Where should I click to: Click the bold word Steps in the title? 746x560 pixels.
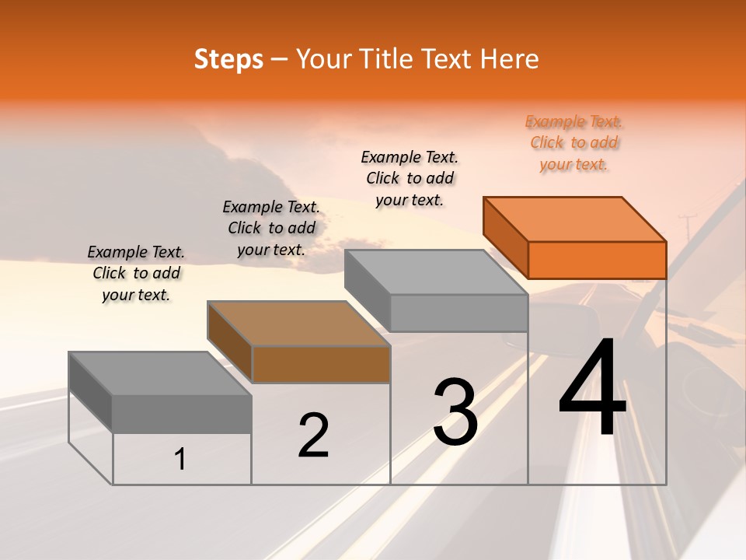click(228, 59)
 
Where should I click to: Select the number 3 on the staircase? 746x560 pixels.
click(455, 411)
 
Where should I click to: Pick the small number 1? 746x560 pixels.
click(180, 459)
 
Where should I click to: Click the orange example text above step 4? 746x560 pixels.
click(574, 142)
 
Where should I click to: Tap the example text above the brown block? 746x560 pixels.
click(271, 228)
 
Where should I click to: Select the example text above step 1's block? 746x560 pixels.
click(136, 273)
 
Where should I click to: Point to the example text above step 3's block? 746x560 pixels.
click(410, 178)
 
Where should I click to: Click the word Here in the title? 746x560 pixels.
click(509, 59)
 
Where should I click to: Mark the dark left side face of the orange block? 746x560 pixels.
click(505, 239)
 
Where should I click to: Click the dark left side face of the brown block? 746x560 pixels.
click(230, 343)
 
